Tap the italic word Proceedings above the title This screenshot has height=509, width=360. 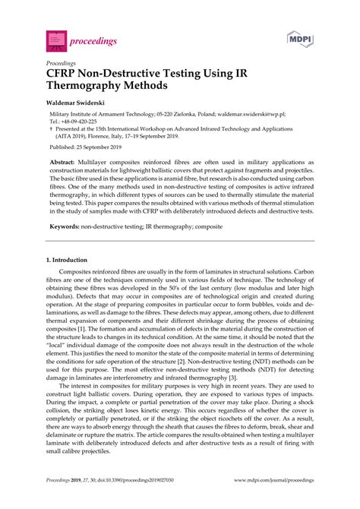61,57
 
